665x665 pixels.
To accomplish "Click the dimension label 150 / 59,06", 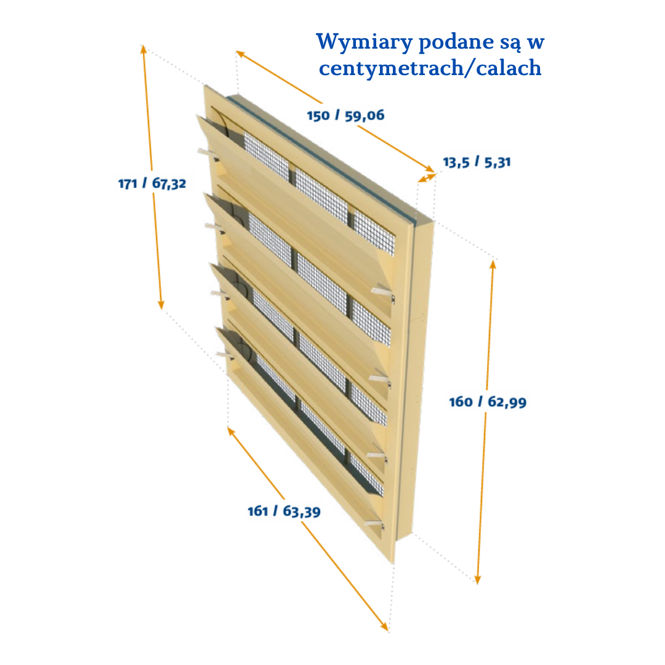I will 345,115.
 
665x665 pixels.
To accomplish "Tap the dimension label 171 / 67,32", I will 152,183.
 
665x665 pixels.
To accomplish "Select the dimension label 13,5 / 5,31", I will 477,163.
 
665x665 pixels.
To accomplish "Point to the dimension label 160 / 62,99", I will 488,402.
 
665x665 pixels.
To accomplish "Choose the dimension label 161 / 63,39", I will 284,511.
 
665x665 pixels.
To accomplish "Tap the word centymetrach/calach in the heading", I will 430,68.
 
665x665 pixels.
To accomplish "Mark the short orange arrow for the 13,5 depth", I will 427,177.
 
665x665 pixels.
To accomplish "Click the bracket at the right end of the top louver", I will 385,291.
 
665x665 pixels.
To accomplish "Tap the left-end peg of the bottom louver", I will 223,354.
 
